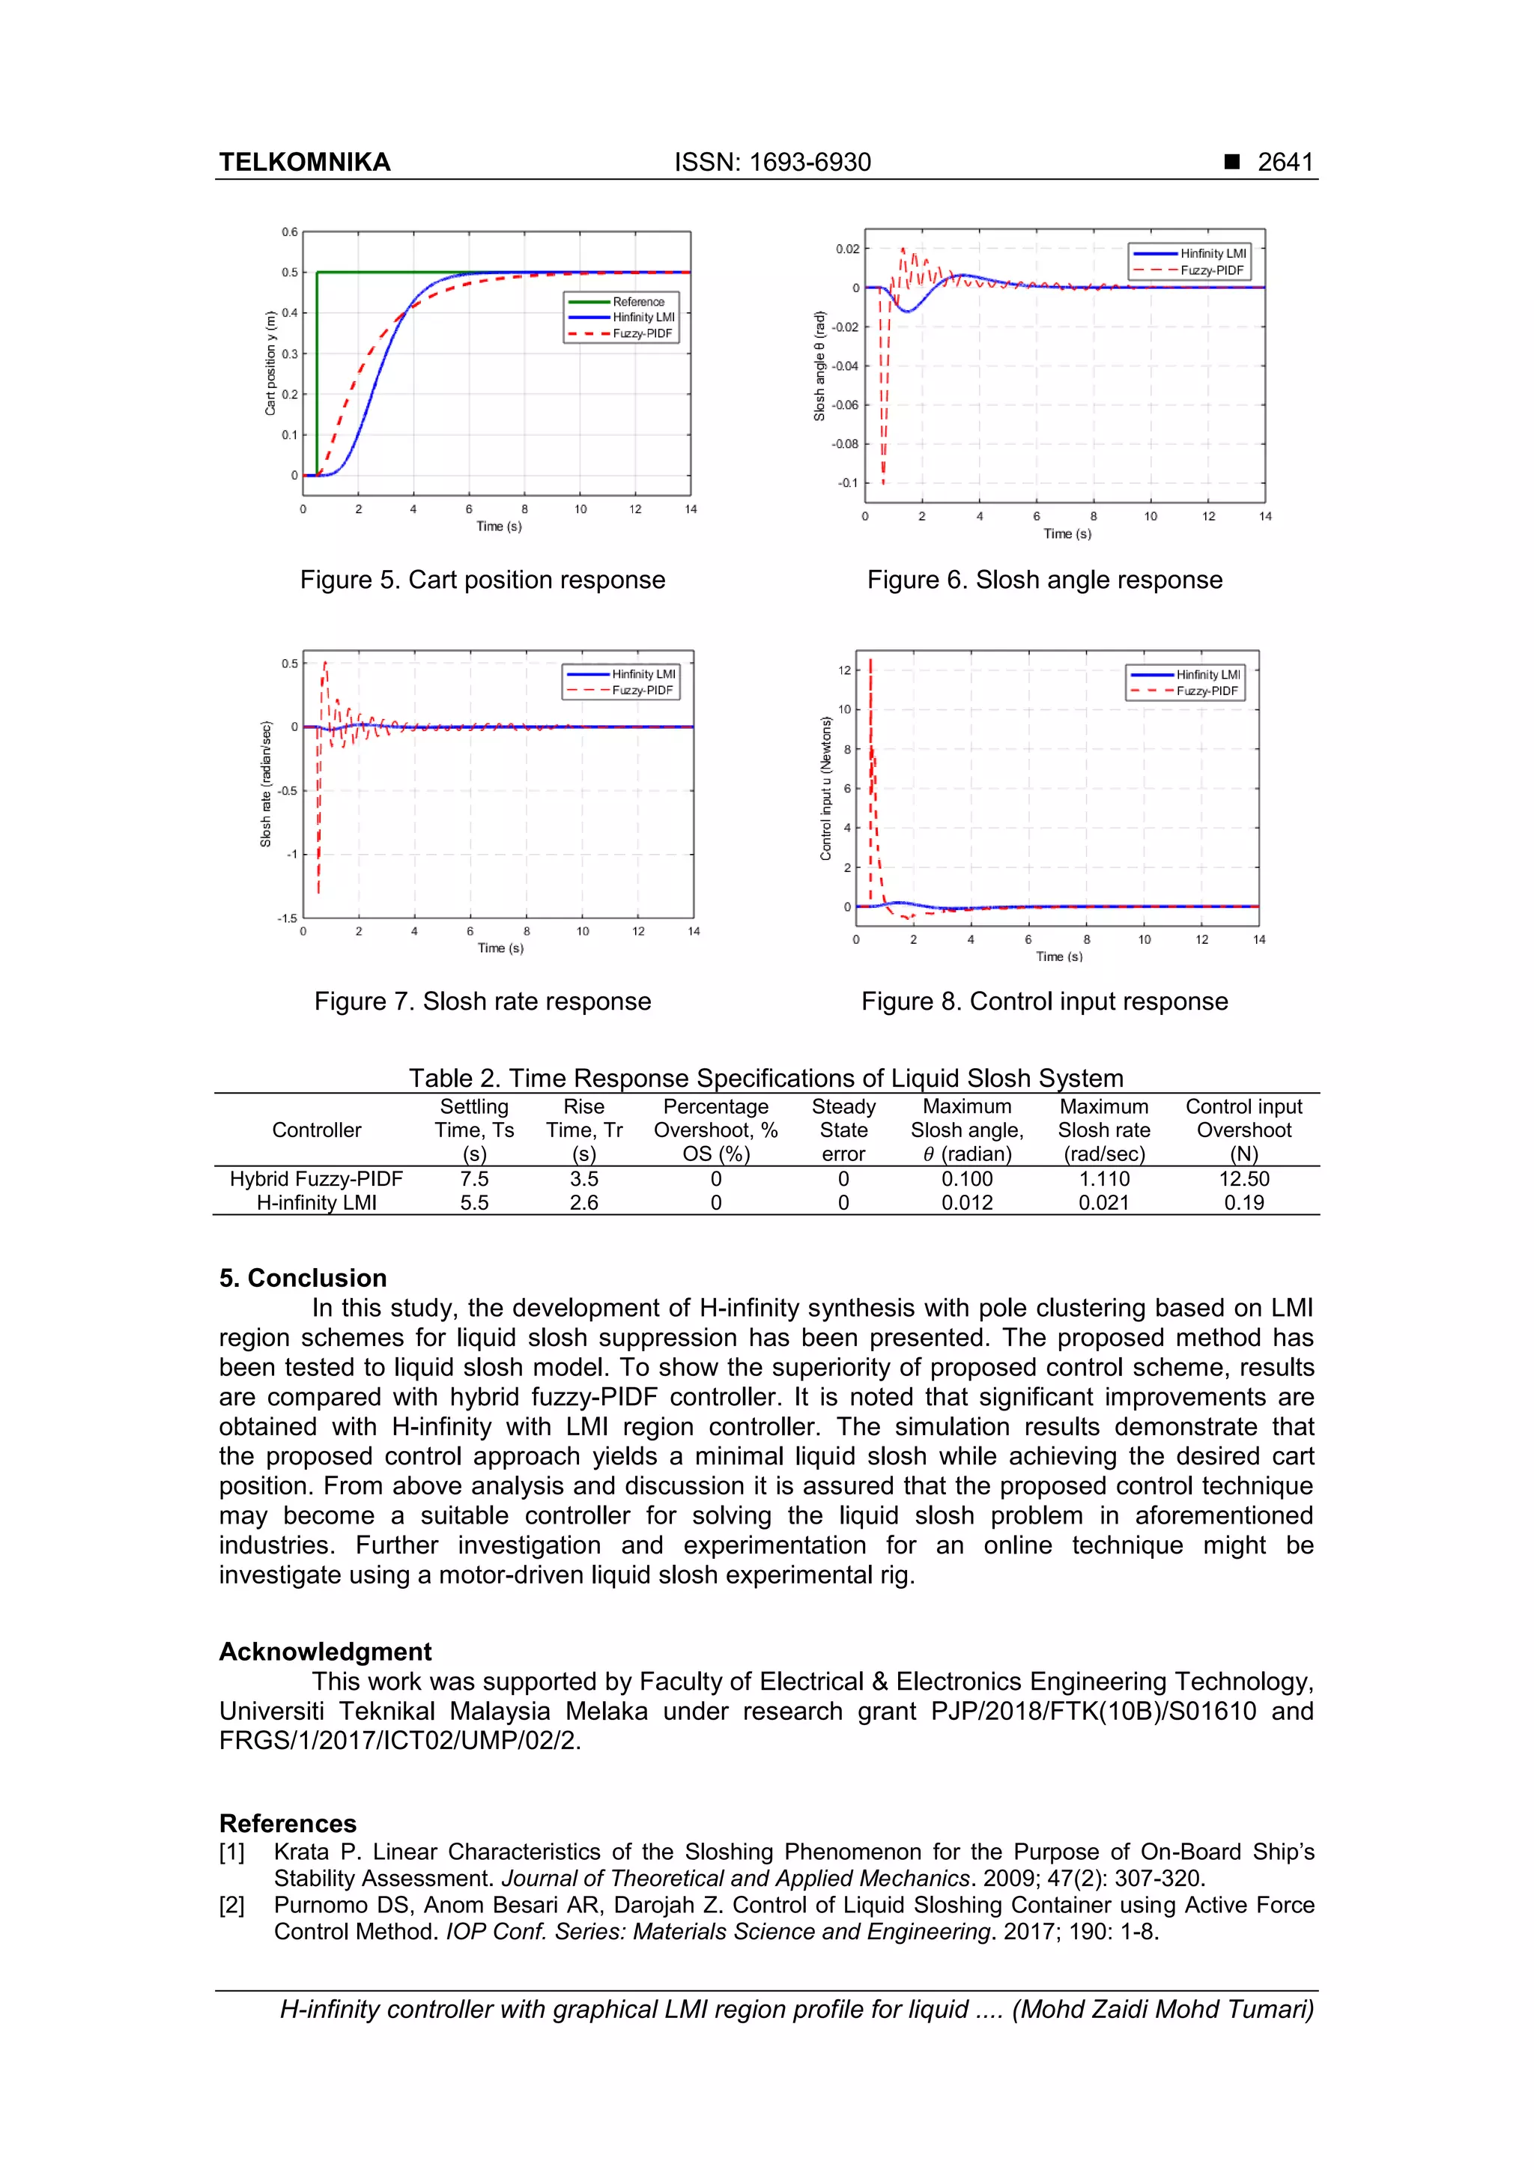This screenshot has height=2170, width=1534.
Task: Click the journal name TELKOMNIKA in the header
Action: [304, 162]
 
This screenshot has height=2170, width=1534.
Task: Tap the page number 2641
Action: [1285, 162]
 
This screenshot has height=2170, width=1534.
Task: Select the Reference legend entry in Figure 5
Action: [638, 302]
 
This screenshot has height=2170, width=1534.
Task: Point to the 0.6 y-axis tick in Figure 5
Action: [289, 231]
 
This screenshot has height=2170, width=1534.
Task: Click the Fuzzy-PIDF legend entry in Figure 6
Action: [1210, 270]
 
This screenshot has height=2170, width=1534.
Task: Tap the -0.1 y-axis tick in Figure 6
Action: [847, 483]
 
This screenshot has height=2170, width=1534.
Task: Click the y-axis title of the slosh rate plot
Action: [266, 784]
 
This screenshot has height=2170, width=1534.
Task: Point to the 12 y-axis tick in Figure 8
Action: [843, 670]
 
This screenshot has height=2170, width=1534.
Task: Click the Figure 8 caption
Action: [1043, 1001]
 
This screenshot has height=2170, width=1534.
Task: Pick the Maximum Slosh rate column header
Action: [1103, 1130]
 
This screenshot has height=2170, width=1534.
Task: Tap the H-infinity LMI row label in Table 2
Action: [317, 1202]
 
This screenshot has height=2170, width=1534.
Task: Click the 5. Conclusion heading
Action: [303, 1278]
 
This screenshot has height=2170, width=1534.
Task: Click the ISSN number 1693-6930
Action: [809, 162]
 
